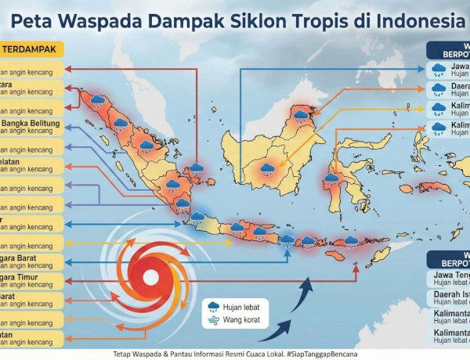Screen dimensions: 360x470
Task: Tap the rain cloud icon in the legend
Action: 213,306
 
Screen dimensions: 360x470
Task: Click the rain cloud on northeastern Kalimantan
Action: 301,116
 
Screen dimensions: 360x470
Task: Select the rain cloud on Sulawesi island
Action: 331,178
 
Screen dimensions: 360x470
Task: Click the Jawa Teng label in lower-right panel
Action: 450,275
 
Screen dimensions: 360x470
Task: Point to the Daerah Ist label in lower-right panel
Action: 450,294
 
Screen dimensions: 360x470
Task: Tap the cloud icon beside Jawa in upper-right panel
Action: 439,70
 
